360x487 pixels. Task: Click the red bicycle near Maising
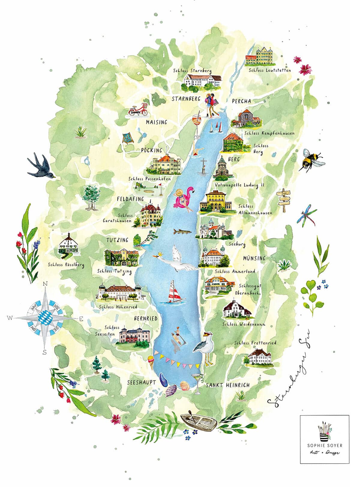[x=138, y=110]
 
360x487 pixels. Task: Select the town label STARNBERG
[x=186, y=99]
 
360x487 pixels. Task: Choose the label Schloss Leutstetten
[x=270, y=70]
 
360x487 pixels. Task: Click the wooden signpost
[x=283, y=197]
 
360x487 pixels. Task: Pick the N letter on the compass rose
[x=46, y=284]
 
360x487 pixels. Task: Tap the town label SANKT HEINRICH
[x=228, y=385]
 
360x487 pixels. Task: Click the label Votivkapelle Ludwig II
[x=240, y=185]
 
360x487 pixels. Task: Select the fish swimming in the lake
[x=182, y=232]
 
